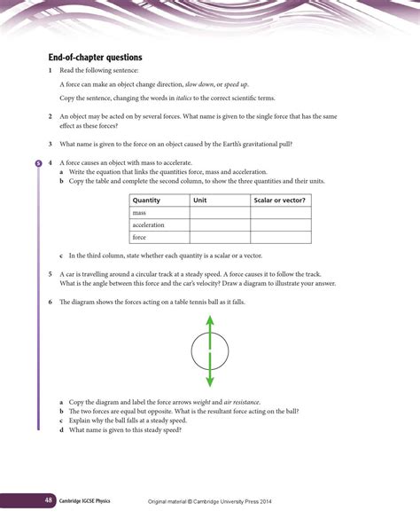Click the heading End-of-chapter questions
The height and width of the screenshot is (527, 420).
[95, 58]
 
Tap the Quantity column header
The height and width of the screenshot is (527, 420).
[146, 201]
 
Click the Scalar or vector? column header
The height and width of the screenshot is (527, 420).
[279, 201]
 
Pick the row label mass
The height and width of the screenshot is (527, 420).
[139, 213]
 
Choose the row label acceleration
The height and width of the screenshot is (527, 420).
[148, 225]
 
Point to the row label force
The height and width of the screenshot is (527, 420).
[139, 238]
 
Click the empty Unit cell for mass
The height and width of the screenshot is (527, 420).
[219, 213]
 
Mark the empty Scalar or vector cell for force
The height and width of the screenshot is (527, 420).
[281, 238]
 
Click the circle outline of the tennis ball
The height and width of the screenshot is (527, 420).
[192, 355]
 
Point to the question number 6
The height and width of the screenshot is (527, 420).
[51, 303]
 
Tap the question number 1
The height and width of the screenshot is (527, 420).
[51, 69]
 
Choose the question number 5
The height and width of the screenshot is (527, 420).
[51, 275]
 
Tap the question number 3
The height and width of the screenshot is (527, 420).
[51, 144]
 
